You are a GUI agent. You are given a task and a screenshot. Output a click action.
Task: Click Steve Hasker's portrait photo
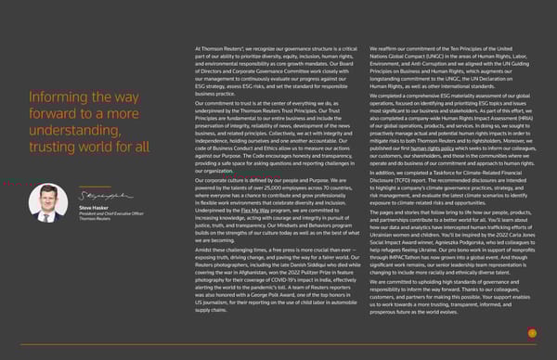coord(47,201)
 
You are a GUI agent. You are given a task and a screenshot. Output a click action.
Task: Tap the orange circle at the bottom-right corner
coord(532,332)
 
